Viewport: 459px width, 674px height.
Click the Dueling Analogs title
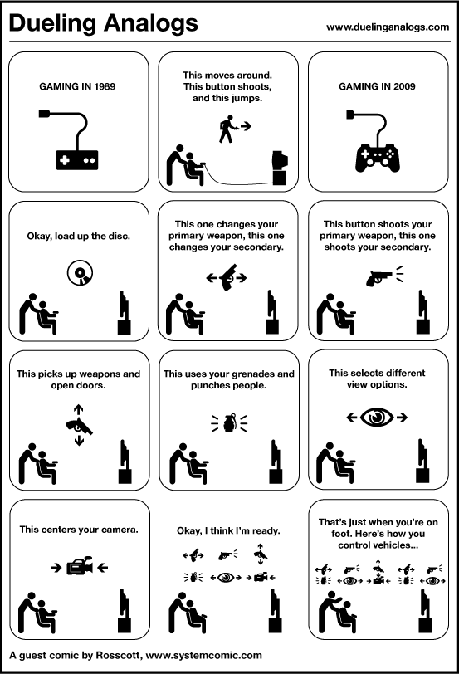point(103,23)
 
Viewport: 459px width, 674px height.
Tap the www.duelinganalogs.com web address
point(388,27)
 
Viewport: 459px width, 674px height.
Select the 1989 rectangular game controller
point(77,160)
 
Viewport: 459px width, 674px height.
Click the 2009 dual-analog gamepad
point(378,158)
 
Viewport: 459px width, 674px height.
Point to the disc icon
point(80,272)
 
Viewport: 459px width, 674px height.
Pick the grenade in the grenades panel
point(229,422)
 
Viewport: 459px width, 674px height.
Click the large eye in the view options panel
point(377,417)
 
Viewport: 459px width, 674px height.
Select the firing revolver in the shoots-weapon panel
point(378,277)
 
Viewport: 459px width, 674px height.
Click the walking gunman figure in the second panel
point(227,129)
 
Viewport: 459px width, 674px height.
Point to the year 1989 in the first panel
point(105,86)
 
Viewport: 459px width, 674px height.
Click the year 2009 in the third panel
point(404,86)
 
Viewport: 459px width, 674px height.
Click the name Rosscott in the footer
point(118,655)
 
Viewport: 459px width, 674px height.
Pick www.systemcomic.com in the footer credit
point(203,656)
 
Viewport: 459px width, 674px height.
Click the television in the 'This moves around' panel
point(281,168)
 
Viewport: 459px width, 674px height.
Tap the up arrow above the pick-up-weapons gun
point(78,410)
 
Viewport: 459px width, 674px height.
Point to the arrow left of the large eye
point(352,417)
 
